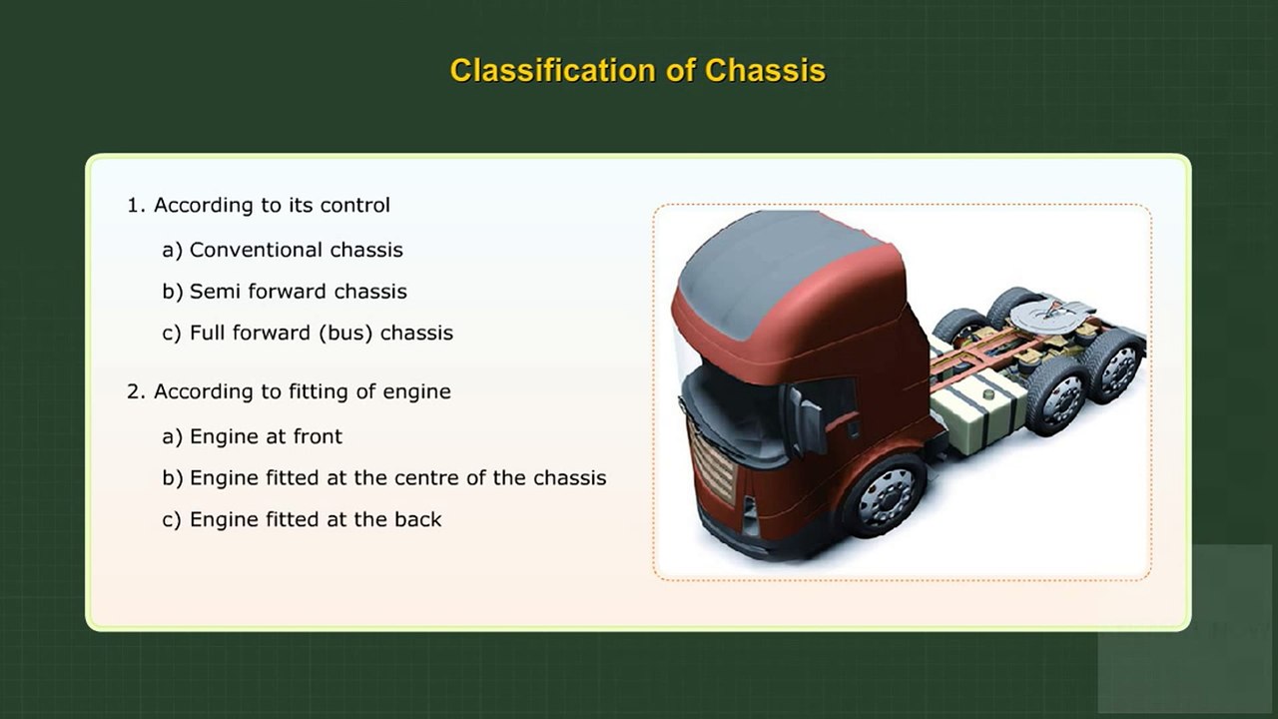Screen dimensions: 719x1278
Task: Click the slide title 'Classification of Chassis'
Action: point(637,71)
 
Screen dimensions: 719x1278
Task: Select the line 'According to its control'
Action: point(272,206)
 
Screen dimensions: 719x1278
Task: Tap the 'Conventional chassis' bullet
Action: point(296,250)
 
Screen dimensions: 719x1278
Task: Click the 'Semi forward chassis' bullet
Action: point(298,292)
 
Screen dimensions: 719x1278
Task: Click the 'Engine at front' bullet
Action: point(266,436)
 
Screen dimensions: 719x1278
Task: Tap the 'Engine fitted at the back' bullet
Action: point(315,519)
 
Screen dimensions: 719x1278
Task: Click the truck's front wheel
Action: point(884,496)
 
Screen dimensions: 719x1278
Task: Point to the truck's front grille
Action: point(710,463)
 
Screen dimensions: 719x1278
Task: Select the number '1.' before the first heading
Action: point(137,206)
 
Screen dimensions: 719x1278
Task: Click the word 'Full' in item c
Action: point(208,334)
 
